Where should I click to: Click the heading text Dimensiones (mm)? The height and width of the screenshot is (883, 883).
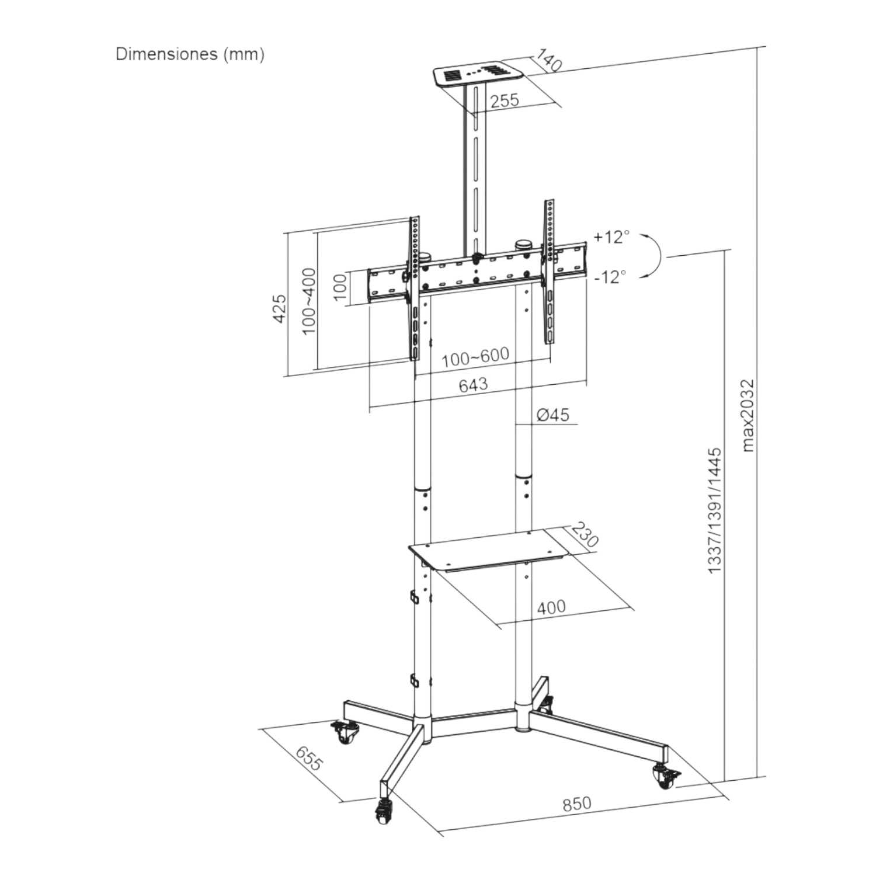coord(190,54)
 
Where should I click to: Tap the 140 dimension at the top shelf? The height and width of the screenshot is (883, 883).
coord(548,61)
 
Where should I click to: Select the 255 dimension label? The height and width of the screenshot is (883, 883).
coord(505,100)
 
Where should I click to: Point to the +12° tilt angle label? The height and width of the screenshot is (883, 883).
coord(611,237)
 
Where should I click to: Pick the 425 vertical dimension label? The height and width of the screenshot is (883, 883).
coord(280,308)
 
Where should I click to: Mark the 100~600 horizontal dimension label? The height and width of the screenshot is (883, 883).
coord(475,357)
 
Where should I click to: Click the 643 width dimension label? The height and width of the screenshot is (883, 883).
coord(473,385)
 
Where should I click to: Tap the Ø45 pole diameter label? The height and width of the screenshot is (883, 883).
coord(552,415)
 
